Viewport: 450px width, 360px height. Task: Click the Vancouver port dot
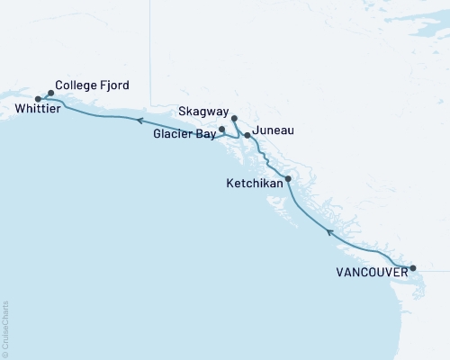point(413,268)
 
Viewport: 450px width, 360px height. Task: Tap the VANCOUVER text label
point(369,269)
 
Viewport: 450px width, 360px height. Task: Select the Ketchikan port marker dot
point(288,179)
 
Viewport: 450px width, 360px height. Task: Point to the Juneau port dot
point(247,135)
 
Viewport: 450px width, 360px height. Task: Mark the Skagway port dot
point(234,119)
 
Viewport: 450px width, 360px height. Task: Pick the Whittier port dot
point(38,99)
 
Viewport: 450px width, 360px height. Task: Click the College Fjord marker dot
point(50,92)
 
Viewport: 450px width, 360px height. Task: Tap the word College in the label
point(76,85)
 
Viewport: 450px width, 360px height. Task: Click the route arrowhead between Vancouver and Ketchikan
point(329,232)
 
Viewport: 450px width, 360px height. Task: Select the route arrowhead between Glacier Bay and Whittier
point(140,120)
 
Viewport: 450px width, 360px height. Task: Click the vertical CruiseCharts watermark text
point(4,329)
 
